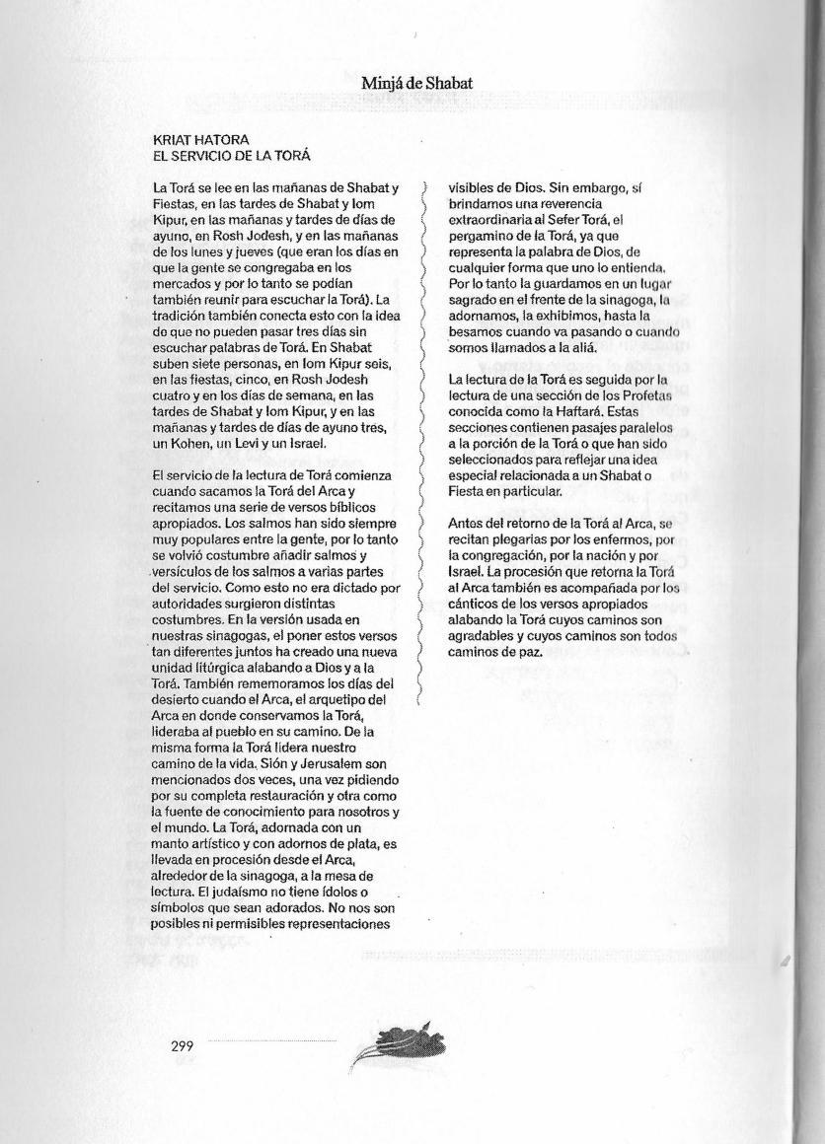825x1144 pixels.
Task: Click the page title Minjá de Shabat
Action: (x=416, y=84)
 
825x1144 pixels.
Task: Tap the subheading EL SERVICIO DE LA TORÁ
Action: (x=232, y=157)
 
